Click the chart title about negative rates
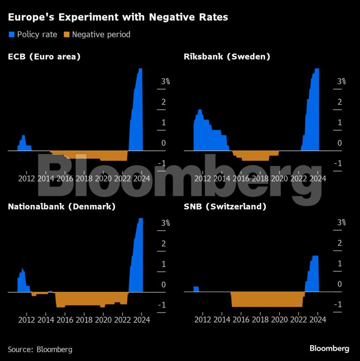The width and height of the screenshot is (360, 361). coord(118,18)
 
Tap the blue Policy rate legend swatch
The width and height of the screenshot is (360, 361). coord(11,34)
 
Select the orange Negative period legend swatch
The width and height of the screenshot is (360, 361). coord(66,34)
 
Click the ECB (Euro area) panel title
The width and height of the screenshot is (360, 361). coord(44,57)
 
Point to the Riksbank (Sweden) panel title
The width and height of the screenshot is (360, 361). coord(227,57)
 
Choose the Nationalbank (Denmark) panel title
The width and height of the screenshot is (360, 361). coord(62,207)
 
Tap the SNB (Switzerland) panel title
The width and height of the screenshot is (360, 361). coord(225,207)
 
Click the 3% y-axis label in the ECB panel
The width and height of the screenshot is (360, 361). coord(165,81)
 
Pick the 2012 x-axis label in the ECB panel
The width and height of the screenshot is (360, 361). coord(27,178)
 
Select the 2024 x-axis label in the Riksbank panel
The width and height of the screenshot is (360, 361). coord(318,178)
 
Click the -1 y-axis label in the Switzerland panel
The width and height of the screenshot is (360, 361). coord(338,304)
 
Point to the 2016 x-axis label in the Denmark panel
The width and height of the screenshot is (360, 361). coord(65,320)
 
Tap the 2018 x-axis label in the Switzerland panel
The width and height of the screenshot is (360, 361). coord(260,320)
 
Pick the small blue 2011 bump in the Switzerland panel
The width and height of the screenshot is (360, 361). coord(196,289)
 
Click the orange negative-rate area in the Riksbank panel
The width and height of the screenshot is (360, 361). coord(255,155)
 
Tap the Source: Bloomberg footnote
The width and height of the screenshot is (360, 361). coord(40,349)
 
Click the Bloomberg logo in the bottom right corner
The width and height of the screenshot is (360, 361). coord(329,349)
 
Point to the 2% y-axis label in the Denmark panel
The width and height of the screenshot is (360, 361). coord(163,243)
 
